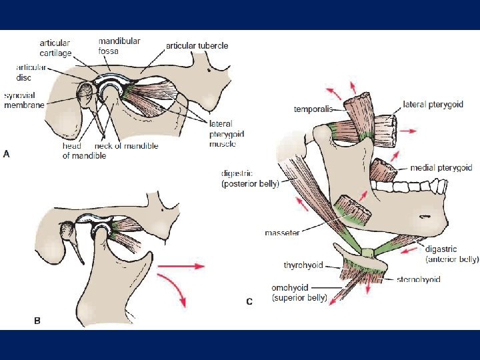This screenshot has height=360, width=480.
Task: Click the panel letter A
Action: point(7,153)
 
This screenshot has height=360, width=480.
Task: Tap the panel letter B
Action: point(37,321)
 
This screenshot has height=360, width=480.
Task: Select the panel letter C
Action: point(249,301)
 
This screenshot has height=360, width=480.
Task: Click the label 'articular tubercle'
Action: point(197,45)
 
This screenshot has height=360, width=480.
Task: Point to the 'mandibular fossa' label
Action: point(119,45)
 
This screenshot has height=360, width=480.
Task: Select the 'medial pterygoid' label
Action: point(441,168)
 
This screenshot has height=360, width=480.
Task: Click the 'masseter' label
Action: point(282,233)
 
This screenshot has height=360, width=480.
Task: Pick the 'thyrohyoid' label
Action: point(303,265)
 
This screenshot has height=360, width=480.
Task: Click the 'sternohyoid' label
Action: point(418,279)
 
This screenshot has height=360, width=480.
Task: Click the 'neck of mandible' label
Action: point(126,146)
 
